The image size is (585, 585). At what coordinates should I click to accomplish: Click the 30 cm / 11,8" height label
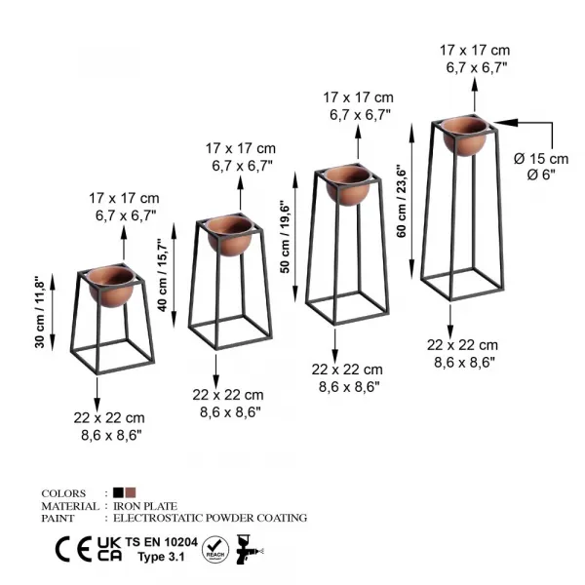[40, 312]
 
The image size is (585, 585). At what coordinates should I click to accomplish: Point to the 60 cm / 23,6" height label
[401, 201]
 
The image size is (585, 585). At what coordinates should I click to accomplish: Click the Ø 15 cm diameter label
[541, 159]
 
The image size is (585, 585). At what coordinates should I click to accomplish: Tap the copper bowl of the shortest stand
[111, 287]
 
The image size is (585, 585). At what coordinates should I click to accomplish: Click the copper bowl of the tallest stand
[465, 136]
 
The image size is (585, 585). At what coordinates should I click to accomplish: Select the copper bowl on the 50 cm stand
[348, 184]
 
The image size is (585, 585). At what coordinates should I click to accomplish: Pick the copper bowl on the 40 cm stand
[230, 236]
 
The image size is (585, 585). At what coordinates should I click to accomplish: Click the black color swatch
[118, 492]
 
